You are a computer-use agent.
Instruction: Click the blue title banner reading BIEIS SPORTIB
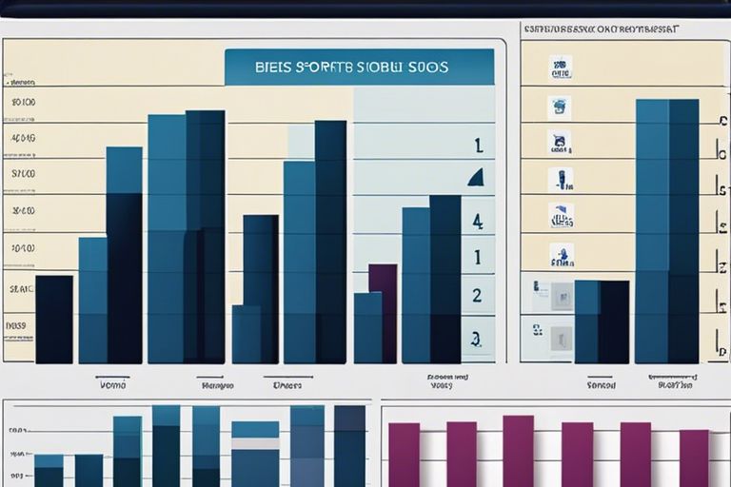click(359, 68)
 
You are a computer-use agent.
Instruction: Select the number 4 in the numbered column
click(477, 221)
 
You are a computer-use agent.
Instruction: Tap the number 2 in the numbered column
click(477, 295)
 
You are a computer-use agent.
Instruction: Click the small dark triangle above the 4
click(476, 177)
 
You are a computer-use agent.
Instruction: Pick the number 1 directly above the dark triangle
click(478, 146)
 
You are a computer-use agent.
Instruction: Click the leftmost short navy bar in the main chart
click(54, 319)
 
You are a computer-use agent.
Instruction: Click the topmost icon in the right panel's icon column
click(561, 68)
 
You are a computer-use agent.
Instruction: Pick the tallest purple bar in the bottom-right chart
click(518, 451)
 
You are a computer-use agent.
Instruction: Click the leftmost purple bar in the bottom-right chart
click(404, 455)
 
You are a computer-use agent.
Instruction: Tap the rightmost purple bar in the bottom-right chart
click(694, 458)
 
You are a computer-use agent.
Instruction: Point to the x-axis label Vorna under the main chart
click(112, 385)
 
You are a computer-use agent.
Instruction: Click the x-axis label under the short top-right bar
click(601, 385)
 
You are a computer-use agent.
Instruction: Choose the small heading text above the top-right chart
click(602, 29)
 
